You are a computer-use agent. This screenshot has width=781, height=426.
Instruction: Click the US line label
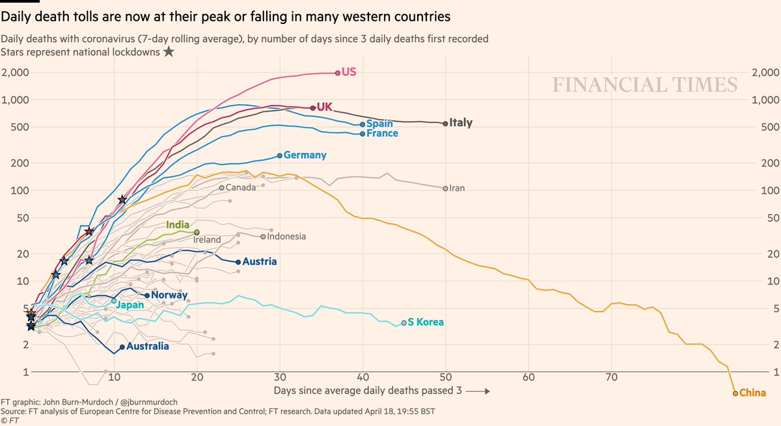pos(349,73)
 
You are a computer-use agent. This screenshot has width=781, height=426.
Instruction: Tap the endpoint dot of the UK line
pos(313,108)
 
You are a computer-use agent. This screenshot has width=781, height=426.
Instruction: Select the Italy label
pos(461,123)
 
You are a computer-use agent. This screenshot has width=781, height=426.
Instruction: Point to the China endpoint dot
pos(735,393)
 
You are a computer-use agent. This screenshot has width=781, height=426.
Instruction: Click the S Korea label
pos(426,323)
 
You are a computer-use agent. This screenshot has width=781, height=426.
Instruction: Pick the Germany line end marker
pos(280,155)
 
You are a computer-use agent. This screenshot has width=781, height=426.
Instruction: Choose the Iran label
pos(457,189)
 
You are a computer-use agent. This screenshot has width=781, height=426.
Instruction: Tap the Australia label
pos(148,347)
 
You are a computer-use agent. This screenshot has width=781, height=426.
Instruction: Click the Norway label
pos(169,295)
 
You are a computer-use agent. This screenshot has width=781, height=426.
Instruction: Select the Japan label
pos(131,304)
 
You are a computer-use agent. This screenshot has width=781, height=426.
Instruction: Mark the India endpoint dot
pos(197,232)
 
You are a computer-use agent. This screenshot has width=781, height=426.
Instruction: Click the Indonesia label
pos(286,237)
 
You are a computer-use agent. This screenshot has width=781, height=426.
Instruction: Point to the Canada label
pos(241,188)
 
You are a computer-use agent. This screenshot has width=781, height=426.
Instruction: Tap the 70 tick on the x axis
pos(611,377)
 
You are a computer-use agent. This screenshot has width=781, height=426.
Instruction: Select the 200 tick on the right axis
pos(766,163)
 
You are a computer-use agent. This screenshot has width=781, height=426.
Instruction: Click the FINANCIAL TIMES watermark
pos(645,85)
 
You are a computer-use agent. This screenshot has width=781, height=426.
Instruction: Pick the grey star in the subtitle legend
pos(169,52)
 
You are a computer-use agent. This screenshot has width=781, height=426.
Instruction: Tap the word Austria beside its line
pos(260,262)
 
